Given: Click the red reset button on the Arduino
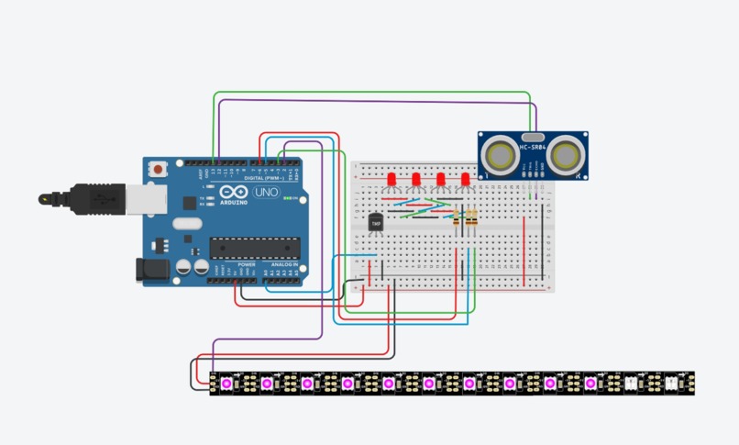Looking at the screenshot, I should (x=160, y=170).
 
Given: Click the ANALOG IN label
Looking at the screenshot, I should (x=282, y=264).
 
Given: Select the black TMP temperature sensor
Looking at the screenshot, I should (x=376, y=222).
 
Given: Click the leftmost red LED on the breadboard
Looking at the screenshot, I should (x=391, y=178).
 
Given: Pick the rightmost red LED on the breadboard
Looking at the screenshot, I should (x=466, y=178).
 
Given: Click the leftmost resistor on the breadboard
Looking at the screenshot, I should (x=457, y=217).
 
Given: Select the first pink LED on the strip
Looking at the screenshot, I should (x=226, y=382).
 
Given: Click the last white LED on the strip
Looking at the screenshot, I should (x=671, y=382).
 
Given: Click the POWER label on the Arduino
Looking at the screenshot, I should (x=246, y=264).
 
